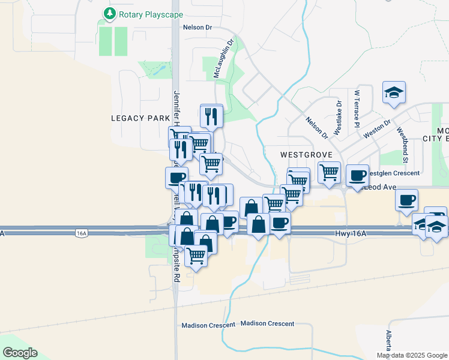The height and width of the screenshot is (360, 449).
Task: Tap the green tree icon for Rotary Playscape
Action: coord(109,13)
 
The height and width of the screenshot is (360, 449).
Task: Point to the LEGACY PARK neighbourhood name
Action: coord(140,118)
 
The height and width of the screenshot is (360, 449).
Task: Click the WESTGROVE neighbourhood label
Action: coord(298,154)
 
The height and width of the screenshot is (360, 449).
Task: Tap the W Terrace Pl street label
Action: coord(357,109)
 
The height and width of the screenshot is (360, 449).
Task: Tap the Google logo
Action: coord(20,353)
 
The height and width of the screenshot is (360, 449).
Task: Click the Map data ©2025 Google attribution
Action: coord(411,355)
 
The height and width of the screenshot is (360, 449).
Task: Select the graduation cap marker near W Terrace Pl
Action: coord(394,92)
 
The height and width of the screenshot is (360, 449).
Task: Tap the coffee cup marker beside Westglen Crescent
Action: coord(357,176)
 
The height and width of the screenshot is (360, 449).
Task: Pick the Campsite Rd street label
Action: coord(176,264)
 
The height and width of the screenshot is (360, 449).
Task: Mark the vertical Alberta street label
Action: coord(389,342)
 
